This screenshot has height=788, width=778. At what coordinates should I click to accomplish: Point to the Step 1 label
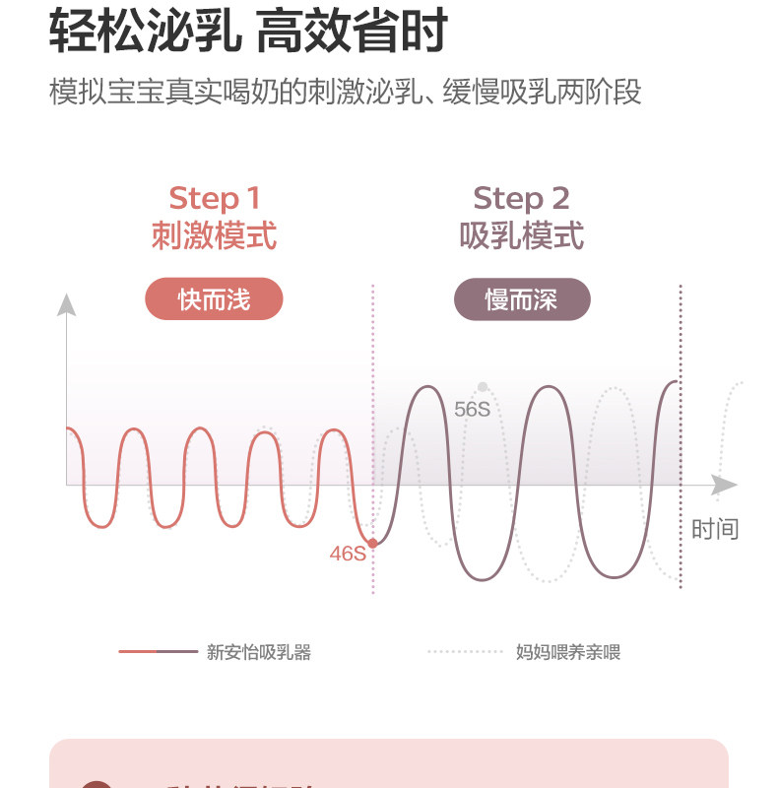[214, 198]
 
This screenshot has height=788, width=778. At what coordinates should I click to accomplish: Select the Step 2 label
[522, 198]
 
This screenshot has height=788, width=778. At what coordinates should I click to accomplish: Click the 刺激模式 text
[214, 236]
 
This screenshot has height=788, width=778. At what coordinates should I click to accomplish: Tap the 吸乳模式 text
[522, 236]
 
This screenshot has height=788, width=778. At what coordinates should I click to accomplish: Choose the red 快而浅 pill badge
[214, 299]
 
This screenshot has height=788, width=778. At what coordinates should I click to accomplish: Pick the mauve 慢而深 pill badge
[522, 299]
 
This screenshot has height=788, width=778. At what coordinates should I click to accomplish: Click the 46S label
[347, 554]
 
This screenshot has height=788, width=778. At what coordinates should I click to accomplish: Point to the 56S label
[472, 409]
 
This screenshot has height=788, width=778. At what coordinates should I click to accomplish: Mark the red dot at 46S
[372, 543]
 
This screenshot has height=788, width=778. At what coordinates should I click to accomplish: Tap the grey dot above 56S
[483, 387]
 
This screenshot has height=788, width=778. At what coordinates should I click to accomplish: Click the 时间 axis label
[714, 529]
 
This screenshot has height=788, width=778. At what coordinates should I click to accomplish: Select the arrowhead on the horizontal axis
[725, 486]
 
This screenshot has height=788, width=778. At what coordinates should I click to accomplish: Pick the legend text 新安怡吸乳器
[259, 652]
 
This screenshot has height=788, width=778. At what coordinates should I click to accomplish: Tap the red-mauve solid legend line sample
[158, 652]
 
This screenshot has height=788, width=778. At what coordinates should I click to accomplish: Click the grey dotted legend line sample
[466, 652]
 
